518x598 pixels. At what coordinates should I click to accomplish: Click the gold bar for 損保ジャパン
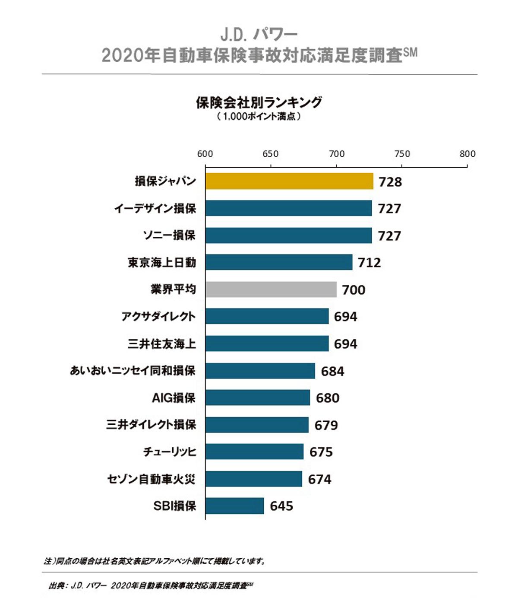tap(289, 181)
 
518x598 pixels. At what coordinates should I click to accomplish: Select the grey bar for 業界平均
tap(271, 289)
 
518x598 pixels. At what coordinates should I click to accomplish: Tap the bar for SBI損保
tap(234, 506)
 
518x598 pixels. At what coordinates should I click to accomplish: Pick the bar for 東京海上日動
tap(278, 262)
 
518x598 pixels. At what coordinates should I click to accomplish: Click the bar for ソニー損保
tap(288, 235)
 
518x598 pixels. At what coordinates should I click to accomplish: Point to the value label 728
tap(390, 182)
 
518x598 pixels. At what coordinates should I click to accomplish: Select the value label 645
tap(281, 506)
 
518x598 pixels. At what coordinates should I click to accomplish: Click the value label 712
tap(370, 263)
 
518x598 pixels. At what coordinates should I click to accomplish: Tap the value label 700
tap(354, 290)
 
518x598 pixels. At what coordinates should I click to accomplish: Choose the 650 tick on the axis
tap(271, 154)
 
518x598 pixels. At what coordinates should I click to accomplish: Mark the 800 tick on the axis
tap(467, 154)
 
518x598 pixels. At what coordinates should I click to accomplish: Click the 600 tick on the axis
tap(205, 154)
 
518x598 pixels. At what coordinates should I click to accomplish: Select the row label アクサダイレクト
tap(158, 317)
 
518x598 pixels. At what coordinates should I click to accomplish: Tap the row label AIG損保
tap(174, 398)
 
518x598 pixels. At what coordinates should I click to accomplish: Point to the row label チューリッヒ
tap(170, 452)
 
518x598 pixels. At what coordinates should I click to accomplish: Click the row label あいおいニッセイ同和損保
tap(133, 371)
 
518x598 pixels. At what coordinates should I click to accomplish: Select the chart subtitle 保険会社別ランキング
tap(259, 102)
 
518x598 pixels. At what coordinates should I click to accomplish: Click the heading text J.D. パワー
tap(259, 34)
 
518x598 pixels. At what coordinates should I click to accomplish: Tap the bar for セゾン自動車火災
tap(253, 479)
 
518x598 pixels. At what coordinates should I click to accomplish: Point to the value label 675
tap(321, 452)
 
